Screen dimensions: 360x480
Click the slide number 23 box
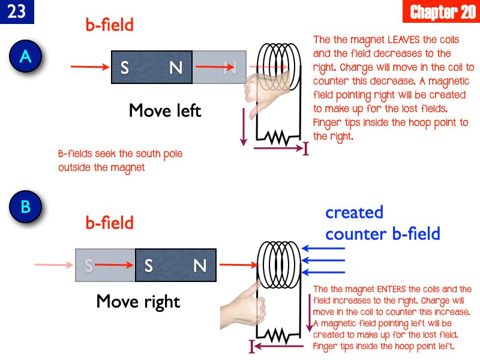tap(17, 12)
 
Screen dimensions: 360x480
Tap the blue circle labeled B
tap(25, 207)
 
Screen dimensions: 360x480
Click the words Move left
tap(165, 111)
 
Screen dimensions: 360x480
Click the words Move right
tap(138, 301)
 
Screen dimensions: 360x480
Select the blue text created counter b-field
tap(382, 223)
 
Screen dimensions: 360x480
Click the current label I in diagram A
tap(305, 148)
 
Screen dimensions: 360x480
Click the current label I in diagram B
tap(252, 346)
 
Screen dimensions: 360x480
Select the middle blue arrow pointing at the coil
tap(324, 260)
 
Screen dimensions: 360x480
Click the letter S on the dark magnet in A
tap(124, 68)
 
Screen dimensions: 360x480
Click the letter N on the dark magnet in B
tap(200, 266)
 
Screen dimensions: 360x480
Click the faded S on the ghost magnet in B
tap(89, 266)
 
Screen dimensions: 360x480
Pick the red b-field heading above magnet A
tap(109, 26)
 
